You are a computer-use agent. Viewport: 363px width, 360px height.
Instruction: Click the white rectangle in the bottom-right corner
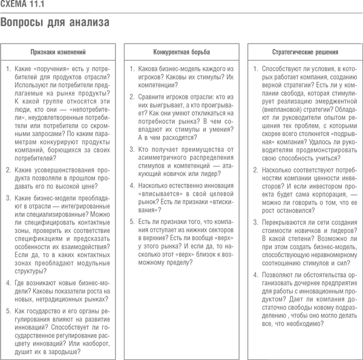tap(312, 343)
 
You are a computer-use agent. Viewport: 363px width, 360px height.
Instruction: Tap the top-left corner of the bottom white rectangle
tap(267, 327)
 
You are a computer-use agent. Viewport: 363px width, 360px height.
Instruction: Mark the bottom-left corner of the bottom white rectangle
tap(267, 359)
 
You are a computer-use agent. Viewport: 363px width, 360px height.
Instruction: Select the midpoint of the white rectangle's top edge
tap(312, 327)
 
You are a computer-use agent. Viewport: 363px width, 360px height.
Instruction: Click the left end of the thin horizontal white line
tap(267, 259)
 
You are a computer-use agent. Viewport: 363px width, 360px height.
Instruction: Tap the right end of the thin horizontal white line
tap(356, 259)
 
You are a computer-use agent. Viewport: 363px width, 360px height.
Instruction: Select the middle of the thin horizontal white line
tap(312, 259)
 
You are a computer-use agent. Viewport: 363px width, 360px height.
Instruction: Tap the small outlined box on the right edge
tap(361, 51)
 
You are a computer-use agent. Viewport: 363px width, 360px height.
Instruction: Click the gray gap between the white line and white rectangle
tap(312, 293)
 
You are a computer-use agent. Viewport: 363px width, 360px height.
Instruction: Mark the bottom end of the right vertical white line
tap(361, 359)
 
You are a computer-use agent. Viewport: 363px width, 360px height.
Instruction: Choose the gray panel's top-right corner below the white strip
tap(359, 13)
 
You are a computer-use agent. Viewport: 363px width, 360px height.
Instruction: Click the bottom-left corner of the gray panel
tap(1, 359)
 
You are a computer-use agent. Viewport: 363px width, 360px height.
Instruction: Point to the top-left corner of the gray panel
tap(1, 1)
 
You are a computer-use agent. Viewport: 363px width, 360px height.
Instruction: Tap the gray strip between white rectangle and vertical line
tap(359, 343)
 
